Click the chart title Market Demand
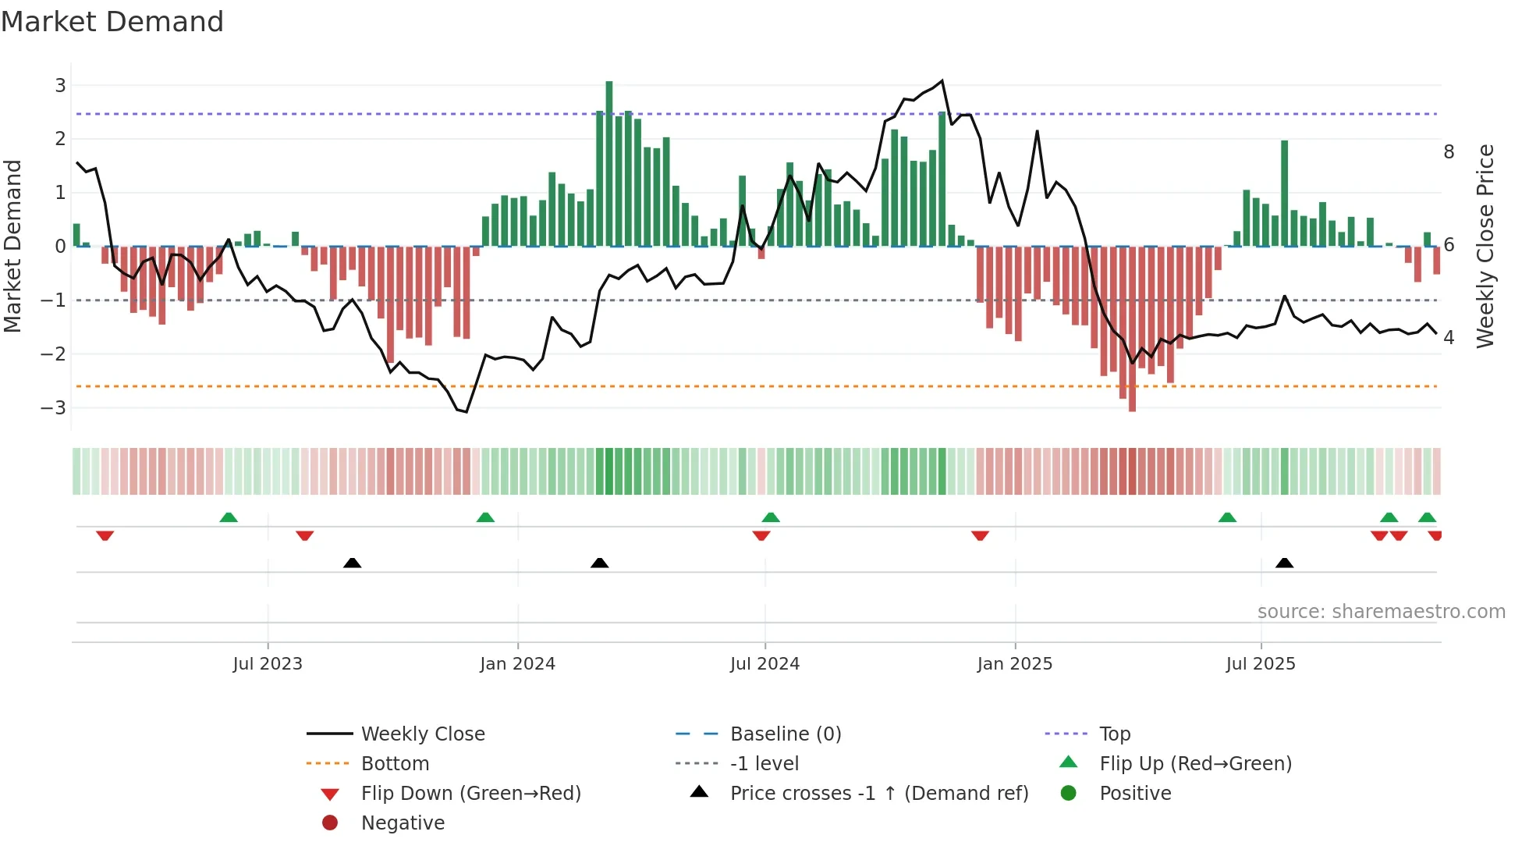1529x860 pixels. pos(112,22)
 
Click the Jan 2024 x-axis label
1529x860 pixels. pos(517,664)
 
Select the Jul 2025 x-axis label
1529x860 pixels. pos(1260,664)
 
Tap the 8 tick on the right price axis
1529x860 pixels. pos(1449,152)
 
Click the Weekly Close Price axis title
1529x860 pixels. pos(1485,246)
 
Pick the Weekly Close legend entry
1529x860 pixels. pos(422,734)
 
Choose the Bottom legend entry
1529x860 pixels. pos(395,764)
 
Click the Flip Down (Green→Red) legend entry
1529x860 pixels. pos(470,794)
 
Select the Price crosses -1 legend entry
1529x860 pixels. pos(878,794)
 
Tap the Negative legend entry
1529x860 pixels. pos(403,823)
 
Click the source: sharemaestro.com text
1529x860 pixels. pos(1381,612)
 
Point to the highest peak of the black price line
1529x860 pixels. pos(942,81)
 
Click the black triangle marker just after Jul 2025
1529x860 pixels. pos(1284,563)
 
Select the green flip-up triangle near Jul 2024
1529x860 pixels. pos(771,517)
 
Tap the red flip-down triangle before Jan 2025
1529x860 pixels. pos(980,535)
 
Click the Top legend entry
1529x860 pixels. pos(1114,734)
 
